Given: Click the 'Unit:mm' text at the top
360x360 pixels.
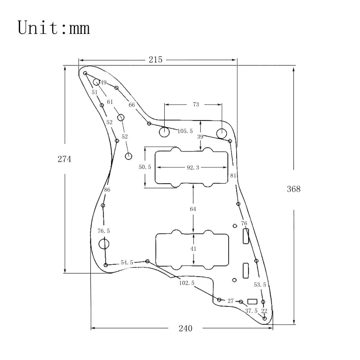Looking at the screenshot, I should (54, 28).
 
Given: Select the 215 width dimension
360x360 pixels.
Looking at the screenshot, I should (155, 60).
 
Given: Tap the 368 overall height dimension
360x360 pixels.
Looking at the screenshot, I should (293, 189).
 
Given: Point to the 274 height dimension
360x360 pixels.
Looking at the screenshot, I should (64, 159).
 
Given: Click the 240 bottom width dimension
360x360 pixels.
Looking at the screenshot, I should (185, 328).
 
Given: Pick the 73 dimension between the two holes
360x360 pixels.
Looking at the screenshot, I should (196, 105).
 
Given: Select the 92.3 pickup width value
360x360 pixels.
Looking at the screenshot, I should (193, 168).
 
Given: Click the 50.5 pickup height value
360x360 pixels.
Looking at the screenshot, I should (145, 167).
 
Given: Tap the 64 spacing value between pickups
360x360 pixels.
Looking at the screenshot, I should (193, 209).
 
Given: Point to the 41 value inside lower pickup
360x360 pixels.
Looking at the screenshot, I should (193, 249).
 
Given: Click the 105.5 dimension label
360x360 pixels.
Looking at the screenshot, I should (185, 131).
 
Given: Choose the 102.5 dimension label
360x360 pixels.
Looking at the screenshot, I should (187, 283).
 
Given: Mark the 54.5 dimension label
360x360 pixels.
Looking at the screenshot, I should (127, 262).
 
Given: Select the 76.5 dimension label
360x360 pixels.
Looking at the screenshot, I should (104, 231).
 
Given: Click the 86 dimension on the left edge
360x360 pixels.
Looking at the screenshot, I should (107, 190).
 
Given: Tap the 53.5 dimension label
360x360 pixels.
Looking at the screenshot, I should (260, 285).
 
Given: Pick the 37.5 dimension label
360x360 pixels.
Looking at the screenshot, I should (251, 311).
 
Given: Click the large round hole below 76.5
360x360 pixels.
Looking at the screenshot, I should (104, 244).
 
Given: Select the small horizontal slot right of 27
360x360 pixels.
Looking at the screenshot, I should (252, 301).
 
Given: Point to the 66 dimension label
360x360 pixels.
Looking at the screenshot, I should (132, 105).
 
